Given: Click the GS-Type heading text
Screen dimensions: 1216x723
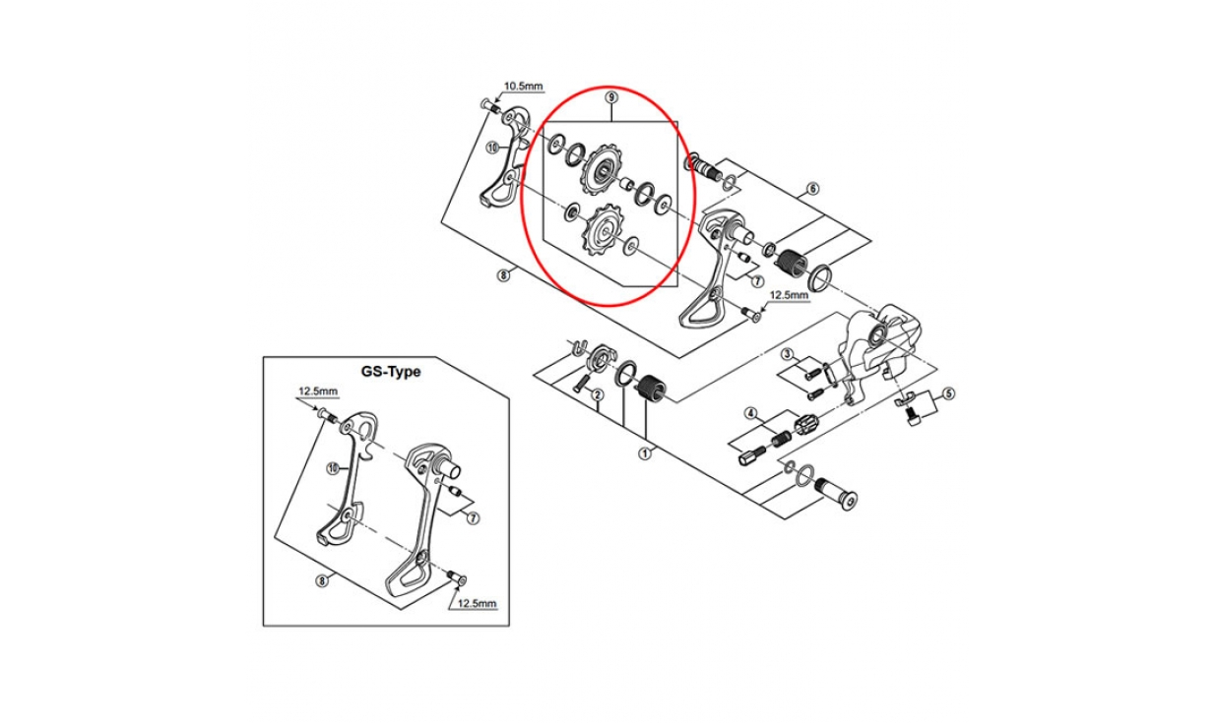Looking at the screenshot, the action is click(x=391, y=372).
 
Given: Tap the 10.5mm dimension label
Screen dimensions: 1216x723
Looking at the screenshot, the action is click(x=523, y=86).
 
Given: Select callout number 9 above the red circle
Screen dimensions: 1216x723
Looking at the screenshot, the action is click(x=611, y=97).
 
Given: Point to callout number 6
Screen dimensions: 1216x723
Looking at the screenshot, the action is click(x=812, y=189).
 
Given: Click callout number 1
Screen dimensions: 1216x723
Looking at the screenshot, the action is click(x=644, y=452).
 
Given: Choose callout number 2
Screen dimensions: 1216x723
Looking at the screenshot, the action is click(x=597, y=394).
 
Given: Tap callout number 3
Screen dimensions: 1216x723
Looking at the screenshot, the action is click(x=788, y=355).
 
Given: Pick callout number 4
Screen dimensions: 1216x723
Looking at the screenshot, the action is click(x=751, y=413).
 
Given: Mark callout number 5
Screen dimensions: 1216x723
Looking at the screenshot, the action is click(x=948, y=393).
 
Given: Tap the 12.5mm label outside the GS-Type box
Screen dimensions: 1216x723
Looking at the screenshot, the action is click(x=790, y=296).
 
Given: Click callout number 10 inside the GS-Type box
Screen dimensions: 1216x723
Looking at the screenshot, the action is click(x=333, y=468).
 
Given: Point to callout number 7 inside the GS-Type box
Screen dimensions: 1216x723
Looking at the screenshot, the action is click(x=473, y=518).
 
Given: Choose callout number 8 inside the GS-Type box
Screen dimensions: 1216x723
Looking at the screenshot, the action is click(x=322, y=581).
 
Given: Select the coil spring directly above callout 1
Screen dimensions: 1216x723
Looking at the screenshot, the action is click(x=651, y=390).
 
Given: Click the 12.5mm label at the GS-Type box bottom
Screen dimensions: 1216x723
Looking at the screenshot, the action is click(x=477, y=603).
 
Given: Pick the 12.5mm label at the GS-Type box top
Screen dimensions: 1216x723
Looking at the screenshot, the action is click(x=318, y=392).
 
